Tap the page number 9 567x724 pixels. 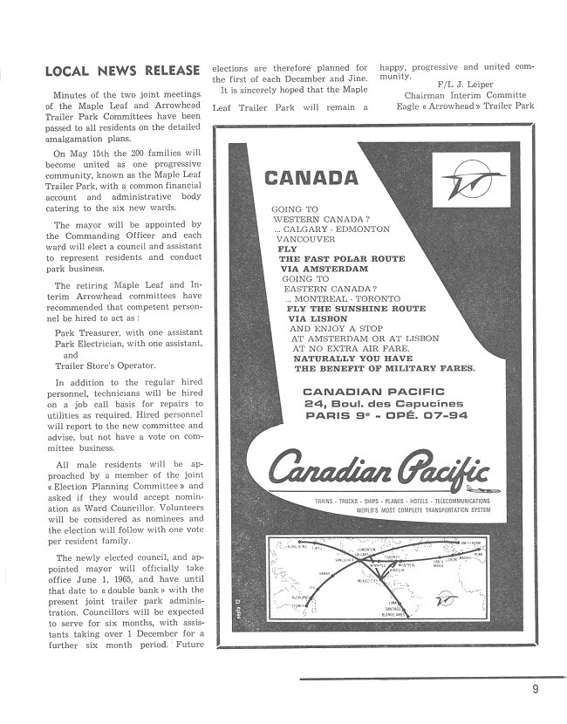click(535, 690)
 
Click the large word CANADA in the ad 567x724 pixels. click(311, 178)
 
